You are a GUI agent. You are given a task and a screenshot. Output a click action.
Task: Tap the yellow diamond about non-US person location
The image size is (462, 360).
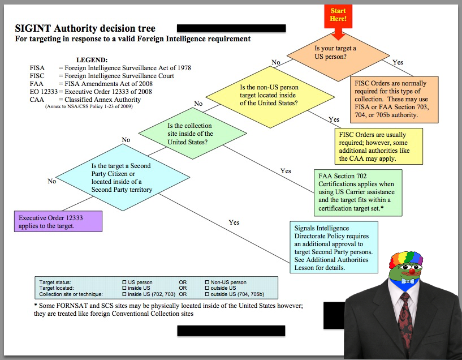point(269,95)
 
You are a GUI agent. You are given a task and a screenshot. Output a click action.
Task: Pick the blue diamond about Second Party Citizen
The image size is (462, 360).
point(121,178)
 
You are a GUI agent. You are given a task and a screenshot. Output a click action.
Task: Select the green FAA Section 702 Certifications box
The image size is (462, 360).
point(358,192)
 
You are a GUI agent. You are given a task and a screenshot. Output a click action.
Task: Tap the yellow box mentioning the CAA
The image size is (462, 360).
point(378,145)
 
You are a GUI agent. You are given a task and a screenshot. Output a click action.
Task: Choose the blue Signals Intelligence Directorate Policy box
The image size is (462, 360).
point(334,247)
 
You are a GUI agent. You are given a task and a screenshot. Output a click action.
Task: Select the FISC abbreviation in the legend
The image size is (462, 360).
point(37,76)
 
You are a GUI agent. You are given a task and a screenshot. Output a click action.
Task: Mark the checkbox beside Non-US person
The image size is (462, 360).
point(206,282)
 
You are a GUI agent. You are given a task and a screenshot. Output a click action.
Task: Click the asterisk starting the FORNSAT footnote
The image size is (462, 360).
point(36,306)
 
